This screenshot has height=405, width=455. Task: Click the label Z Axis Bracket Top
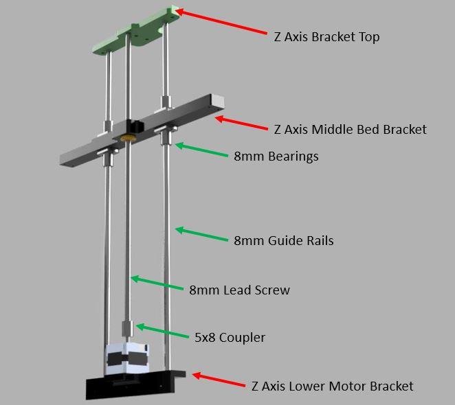click(326, 37)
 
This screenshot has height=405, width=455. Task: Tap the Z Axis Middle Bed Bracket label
click(351, 129)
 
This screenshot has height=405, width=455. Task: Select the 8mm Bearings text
click(276, 157)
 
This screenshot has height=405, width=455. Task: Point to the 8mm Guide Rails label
click(283, 241)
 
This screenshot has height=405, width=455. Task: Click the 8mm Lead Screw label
click(239, 290)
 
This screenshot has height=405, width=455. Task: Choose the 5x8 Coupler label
click(230, 338)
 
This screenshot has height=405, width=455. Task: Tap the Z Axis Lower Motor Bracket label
click(332, 386)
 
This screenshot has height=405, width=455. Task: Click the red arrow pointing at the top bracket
click(221, 22)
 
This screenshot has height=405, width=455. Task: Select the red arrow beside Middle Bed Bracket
click(241, 123)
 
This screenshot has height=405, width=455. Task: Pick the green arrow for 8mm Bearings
click(201, 150)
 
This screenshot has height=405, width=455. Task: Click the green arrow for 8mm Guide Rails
click(201, 234)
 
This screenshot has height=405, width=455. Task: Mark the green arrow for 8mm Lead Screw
click(157, 283)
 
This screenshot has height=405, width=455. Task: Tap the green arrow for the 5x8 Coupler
click(162, 330)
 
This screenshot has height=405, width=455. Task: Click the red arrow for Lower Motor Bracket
click(219, 380)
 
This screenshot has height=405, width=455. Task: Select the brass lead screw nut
click(126, 138)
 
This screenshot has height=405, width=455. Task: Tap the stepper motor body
click(126, 358)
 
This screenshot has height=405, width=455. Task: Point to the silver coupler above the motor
click(127, 329)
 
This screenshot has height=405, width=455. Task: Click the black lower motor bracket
click(135, 384)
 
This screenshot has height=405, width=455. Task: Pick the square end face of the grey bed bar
click(218, 102)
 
